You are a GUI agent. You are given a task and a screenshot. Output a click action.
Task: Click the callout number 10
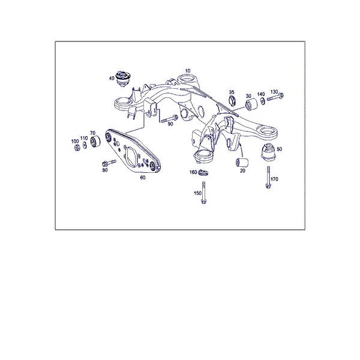188,71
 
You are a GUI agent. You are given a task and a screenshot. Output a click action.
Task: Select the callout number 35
232,92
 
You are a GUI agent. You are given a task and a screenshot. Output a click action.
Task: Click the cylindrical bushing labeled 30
251,104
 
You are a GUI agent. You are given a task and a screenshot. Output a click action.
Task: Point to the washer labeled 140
262,100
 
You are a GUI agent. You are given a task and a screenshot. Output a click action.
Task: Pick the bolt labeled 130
275,97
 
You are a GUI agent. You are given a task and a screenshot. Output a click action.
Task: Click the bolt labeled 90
169,119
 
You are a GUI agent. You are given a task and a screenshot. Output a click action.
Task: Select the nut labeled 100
77,148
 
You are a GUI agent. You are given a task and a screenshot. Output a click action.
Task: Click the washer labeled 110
84,145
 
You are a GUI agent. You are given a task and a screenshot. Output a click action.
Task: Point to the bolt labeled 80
109,163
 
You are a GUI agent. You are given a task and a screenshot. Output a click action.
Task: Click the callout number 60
143,178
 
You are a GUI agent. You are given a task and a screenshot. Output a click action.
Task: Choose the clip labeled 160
203,172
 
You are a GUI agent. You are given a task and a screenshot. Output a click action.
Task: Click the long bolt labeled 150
203,193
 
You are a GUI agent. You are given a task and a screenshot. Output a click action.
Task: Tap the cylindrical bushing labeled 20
242,163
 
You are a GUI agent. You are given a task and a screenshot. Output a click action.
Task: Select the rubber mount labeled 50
268,152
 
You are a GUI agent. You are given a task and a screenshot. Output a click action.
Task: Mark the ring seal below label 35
232,101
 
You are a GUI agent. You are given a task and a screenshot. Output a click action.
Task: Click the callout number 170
275,179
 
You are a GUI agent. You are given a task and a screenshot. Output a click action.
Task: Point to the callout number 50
279,149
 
